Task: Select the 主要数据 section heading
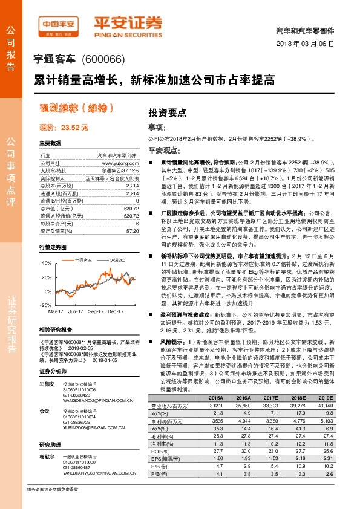[50, 143]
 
